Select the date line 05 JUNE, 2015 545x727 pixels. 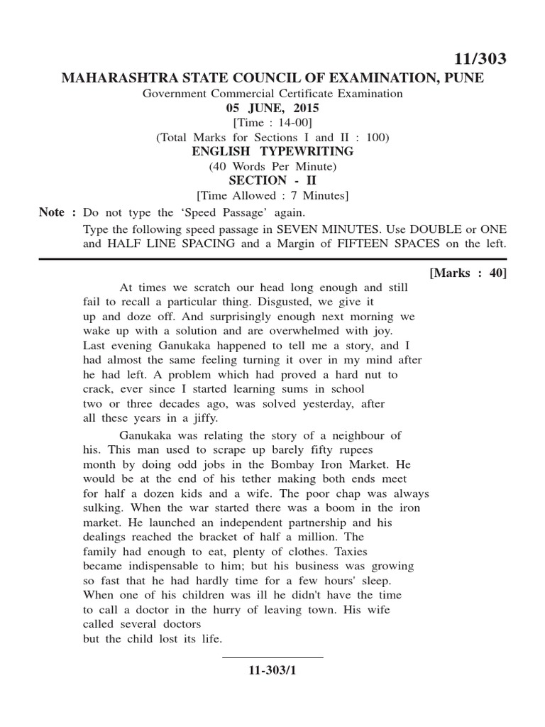tap(272, 108)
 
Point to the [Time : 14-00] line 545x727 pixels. tap(272, 123)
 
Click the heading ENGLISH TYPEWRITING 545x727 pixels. tap(272, 152)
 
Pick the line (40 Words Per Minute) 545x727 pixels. tap(272, 166)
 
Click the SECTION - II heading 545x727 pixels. tap(272, 180)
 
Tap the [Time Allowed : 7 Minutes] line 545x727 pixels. tap(272, 195)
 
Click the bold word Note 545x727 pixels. tap(53, 212)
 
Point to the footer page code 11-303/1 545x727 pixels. tap(272, 669)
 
